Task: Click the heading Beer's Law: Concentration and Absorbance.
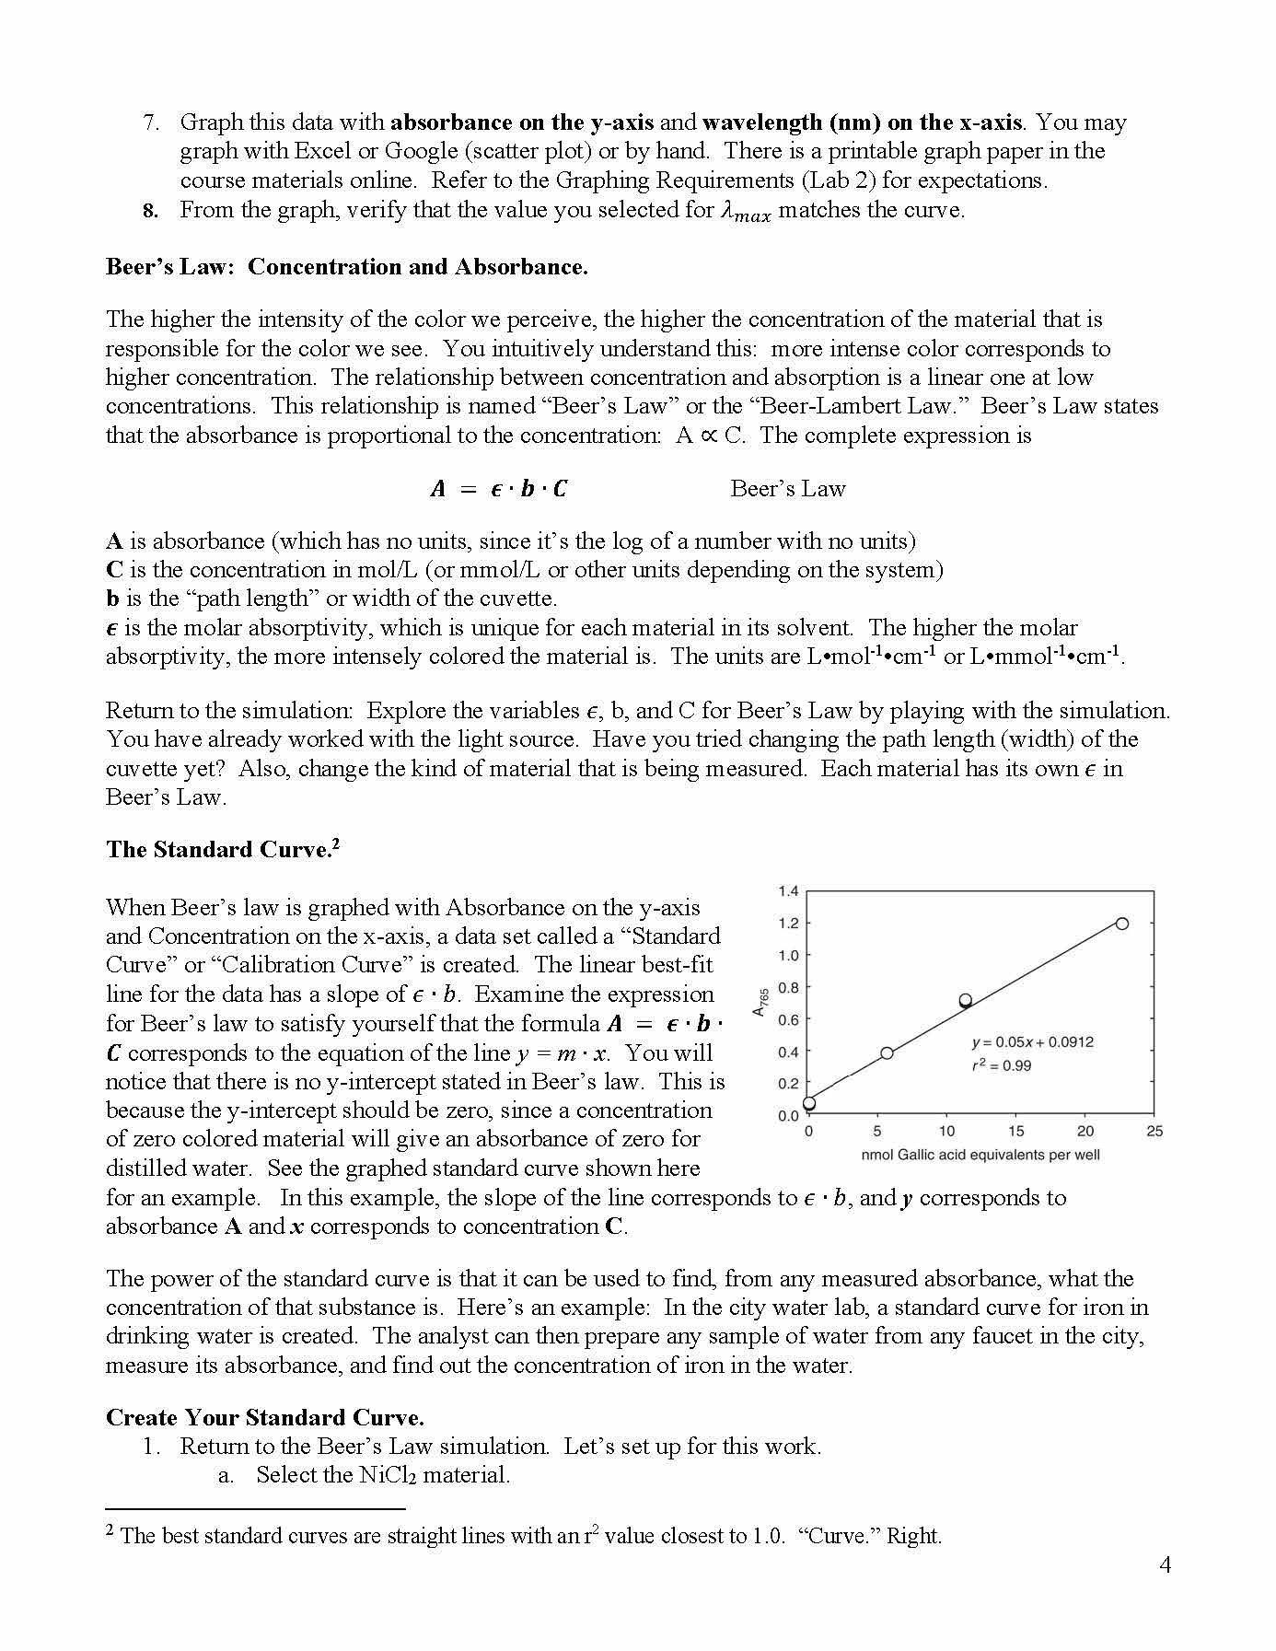tap(346, 267)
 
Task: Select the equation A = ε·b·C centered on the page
tap(498, 489)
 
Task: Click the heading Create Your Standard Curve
tap(265, 1417)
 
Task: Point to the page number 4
tap(1165, 1564)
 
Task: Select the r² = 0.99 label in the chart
tap(1002, 1065)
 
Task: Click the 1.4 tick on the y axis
tap(788, 891)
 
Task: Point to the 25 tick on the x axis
tap(1154, 1132)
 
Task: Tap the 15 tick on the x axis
tap(1015, 1132)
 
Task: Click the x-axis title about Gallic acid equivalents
tap(980, 1155)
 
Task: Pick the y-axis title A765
tap(760, 1003)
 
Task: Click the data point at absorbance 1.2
tap(1121, 924)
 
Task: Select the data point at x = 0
tap(809, 1103)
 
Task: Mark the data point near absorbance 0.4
tap(887, 1052)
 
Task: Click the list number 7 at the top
tap(152, 122)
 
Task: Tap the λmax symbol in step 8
tap(744, 213)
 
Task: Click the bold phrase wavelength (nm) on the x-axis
tap(862, 122)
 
